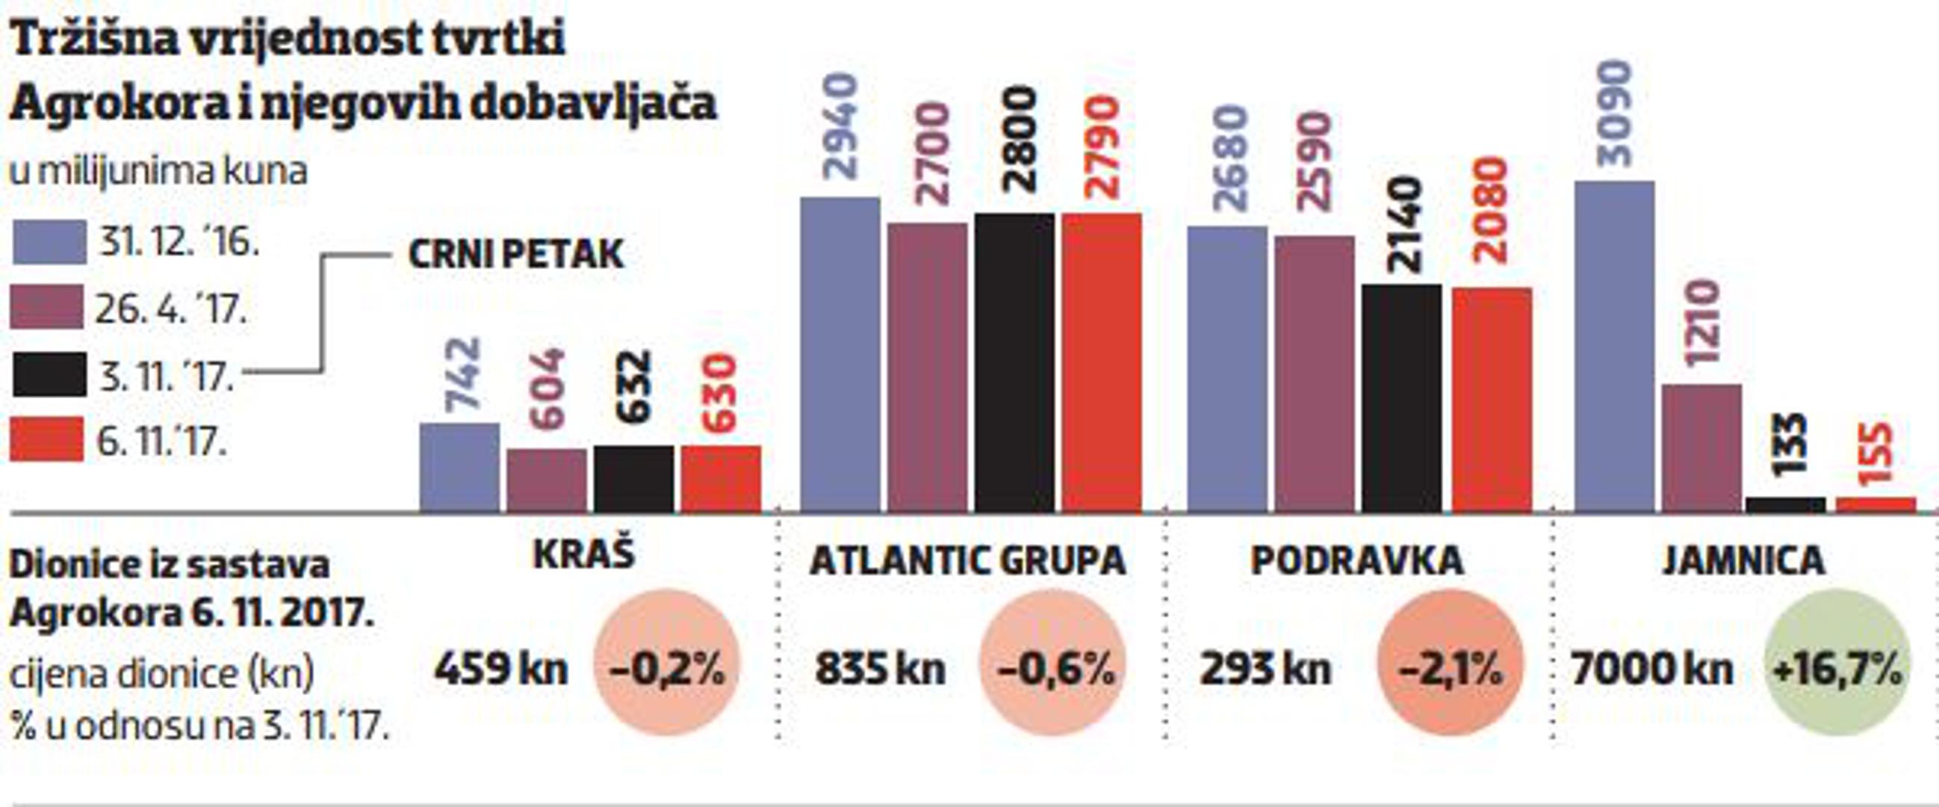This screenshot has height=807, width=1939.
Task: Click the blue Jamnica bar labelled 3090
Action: click(x=1614, y=346)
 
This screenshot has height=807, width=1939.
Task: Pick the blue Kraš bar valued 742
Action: click(x=459, y=467)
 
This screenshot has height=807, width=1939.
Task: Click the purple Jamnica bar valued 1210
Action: click(x=1702, y=448)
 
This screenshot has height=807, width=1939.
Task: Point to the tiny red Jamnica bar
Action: click(x=1875, y=504)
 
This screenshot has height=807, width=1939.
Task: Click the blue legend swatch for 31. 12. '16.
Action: click(x=49, y=242)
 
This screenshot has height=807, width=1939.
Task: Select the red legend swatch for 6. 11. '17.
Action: click(x=46, y=439)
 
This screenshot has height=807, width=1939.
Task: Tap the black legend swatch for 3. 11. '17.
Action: click(x=49, y=375)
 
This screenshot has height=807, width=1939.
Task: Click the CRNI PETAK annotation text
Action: click(x=515, y=255)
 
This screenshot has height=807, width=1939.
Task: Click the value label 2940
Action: click(x=841, y=126)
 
